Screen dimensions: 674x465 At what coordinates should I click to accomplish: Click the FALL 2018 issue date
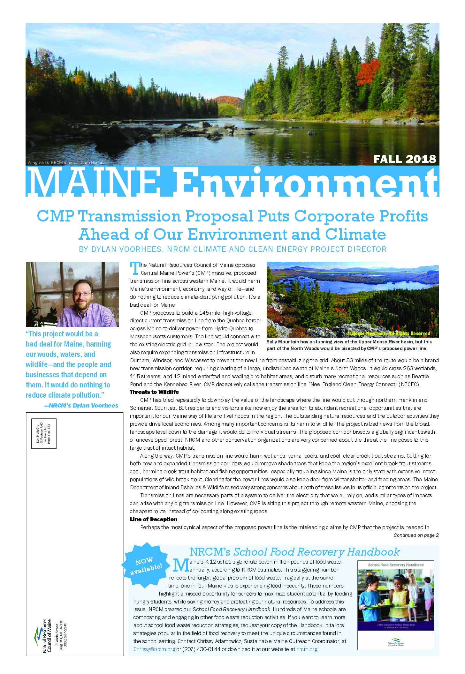click(404, 159)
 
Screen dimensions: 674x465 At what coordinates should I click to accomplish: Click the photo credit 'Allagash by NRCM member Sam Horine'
click(66, 163)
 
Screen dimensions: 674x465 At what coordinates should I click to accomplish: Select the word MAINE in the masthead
click(93, 183)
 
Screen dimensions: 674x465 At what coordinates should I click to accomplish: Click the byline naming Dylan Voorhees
click(232, 249)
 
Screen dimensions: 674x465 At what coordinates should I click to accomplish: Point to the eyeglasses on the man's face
click(82, 293)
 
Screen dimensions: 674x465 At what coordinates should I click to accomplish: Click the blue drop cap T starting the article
click(135, 268)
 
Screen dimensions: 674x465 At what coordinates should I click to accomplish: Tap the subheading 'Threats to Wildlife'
click(154, 392)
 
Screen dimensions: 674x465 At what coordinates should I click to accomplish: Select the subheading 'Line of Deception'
click(153, 519)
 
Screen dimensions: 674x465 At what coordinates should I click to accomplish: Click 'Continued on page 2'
click(416, 535)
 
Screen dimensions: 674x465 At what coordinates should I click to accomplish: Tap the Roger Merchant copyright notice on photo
click(388, 333)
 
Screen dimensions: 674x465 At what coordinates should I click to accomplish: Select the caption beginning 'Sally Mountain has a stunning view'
click(349, 345)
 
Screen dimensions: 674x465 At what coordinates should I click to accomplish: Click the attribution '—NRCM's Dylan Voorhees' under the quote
click(81, 406)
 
